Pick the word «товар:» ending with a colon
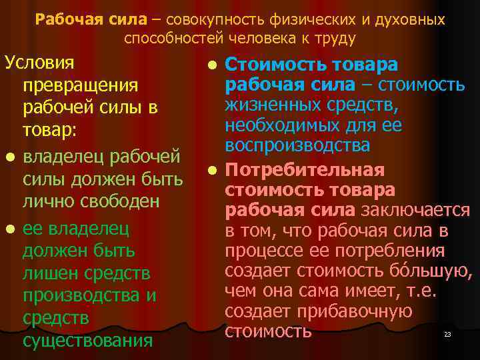pos(50,132)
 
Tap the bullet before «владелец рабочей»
pos(9,157)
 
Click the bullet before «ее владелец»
pos(9,229)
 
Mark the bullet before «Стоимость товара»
pos(211,65)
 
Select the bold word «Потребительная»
pos(305,170)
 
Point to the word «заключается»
pos(415,211)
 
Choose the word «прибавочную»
pos(366,311)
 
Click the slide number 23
pos(447,334)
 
